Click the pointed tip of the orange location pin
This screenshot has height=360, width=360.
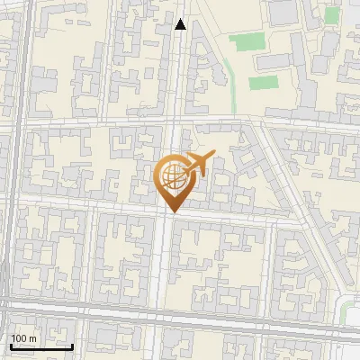[x=173, y=211]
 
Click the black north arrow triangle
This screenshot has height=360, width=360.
[x=181, y=24]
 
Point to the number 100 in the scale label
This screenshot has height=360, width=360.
[x=19, y=338]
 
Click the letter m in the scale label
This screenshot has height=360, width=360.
[x=32, y=338]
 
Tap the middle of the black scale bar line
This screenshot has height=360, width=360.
[x=41, y=346]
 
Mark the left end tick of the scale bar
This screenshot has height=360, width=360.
[x=10, y=346]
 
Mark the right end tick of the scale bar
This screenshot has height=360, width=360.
[x=73, y=346]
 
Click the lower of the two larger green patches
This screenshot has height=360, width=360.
[x=264, y=83]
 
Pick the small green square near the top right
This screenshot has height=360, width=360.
[x=332, y=14]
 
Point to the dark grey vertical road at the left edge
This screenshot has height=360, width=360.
[x=8, y=180]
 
